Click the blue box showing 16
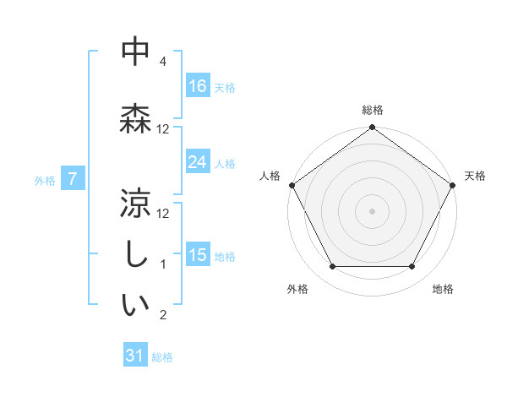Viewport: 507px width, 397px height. [x=198, y=86]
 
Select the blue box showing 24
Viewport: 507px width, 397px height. [x=198, y=162]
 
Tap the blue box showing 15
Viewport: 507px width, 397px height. [x=198, y=255]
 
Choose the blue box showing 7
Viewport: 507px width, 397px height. [x=73, y=179]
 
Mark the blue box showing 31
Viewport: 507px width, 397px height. [x=135, y=356]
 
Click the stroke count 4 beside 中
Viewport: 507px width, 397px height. [x=163, y=63]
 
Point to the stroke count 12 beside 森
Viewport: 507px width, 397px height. [x=163, y=129]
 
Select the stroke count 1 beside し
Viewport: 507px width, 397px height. [x=163, y=264]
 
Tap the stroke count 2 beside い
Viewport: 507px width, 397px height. [x=163, y=316]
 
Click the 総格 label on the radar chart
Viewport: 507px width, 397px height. [x=372, y=110]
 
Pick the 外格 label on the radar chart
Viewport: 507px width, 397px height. [x=297, y=289]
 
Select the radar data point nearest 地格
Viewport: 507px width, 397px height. [x=412, y=267]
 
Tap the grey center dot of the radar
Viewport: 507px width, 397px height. [x=372, y=210]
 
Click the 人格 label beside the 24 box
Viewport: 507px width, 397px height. [x=225, y=163]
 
